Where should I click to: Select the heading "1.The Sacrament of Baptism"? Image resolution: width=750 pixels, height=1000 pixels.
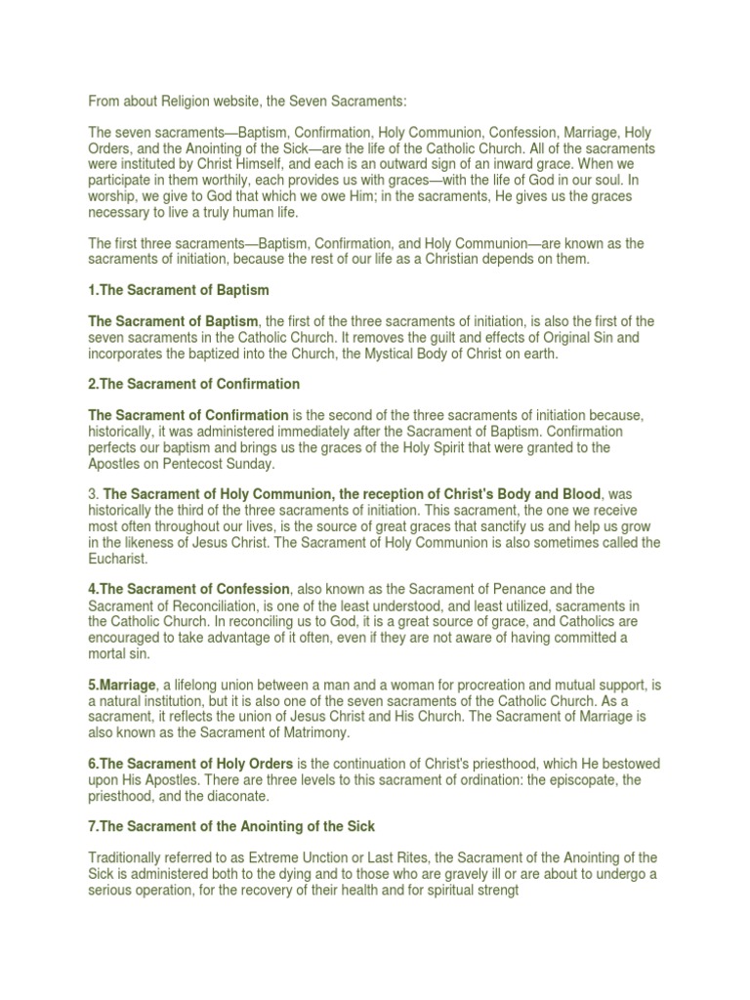point(179,290)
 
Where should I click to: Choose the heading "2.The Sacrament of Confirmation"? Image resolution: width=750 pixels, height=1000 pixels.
point(194,384)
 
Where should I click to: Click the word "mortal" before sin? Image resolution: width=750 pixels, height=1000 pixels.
point(109,653)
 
